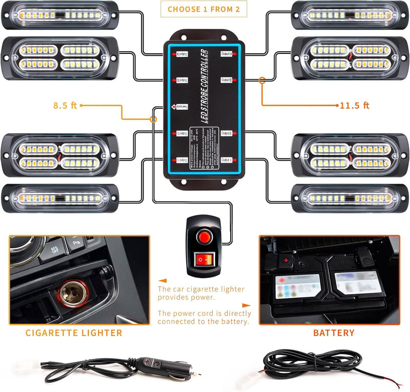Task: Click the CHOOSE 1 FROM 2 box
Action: point(203,9)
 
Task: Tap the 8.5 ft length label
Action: point(65,106)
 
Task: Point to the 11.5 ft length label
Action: point(354,106)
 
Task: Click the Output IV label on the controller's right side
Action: point(227,53)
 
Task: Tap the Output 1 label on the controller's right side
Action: point(227,160)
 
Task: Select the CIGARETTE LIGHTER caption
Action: point(74,333)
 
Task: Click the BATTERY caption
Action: point(334,333)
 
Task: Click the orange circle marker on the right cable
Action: point(262,80)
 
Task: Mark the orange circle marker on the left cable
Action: point(153,119)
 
